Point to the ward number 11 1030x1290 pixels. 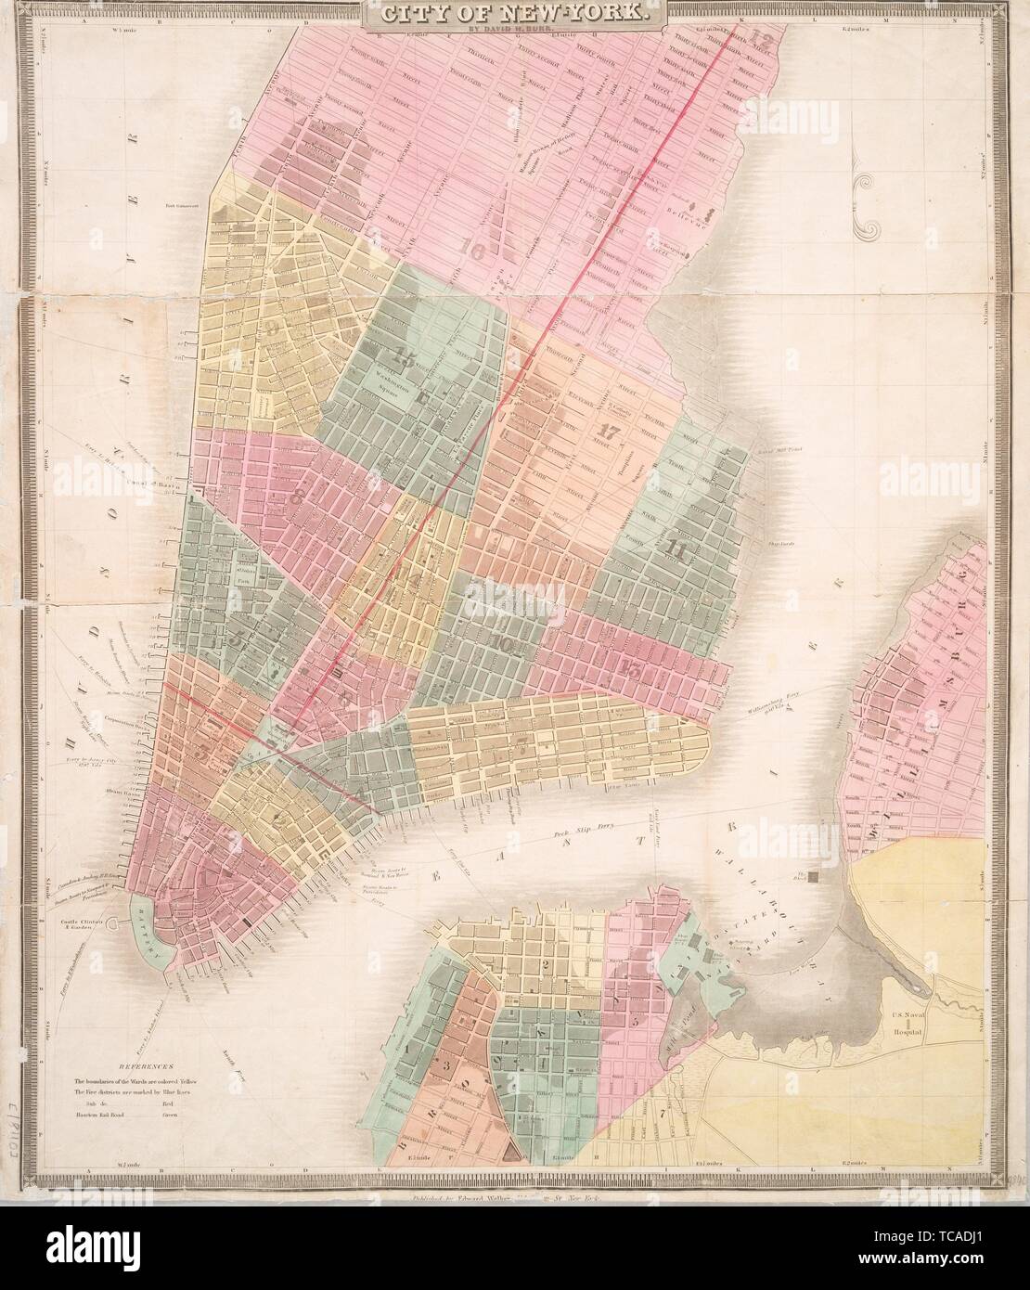coord(676,548)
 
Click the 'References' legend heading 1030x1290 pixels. coord(144,1068)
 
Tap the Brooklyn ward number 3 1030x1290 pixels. coord(446,1065)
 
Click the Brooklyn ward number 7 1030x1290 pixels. coord(660,1111)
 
